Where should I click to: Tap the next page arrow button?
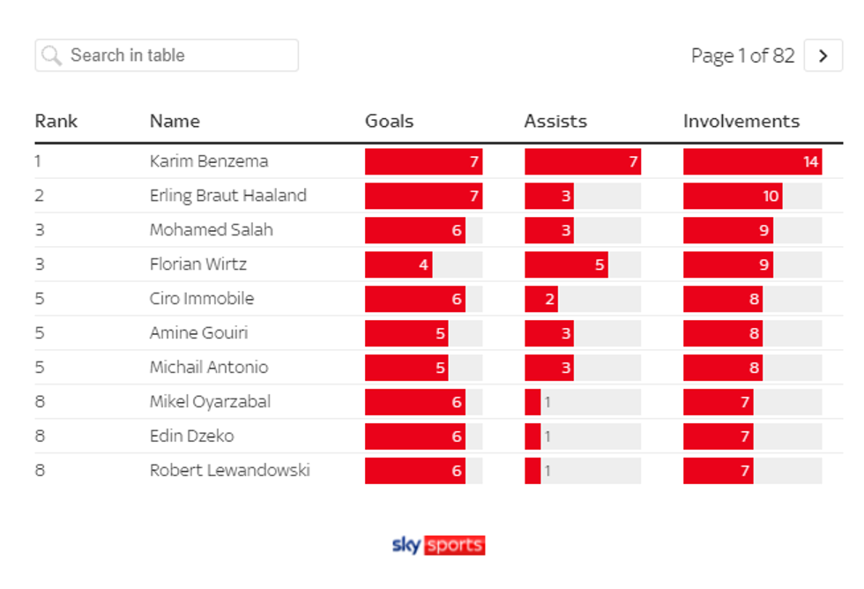point(823,56)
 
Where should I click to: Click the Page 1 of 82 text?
point(742,56)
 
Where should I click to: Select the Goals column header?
point(389,122)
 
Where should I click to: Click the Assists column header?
point(555,122)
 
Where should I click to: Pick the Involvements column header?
point(741,122)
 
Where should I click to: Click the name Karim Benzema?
point(209,161)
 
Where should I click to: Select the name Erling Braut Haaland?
point(227,196)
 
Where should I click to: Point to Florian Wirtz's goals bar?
point(398,265)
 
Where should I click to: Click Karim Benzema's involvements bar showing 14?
point(752,161)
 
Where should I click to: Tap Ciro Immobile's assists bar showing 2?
point(541,299)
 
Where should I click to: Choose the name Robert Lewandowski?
point(229,471)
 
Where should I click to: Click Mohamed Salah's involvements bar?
point(728,230)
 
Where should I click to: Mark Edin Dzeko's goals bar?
point(414,436)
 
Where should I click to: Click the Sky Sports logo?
point(438,545)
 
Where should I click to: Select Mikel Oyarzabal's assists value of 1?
point(547,402)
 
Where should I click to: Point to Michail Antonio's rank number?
point(40,368)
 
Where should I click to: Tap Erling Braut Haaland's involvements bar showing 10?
point(733,196)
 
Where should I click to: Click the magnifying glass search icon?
point(52,56)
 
